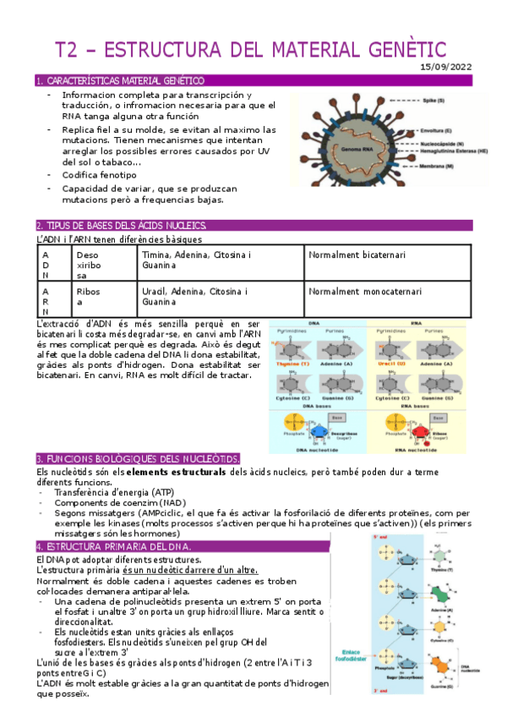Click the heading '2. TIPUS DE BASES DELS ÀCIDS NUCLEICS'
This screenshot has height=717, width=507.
coord(121,227)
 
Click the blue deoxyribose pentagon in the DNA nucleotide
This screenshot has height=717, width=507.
coord(319,431)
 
